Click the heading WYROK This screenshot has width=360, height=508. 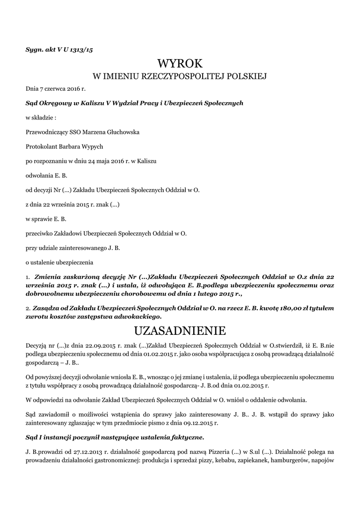(180, 63)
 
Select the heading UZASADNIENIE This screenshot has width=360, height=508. (180, 330)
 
